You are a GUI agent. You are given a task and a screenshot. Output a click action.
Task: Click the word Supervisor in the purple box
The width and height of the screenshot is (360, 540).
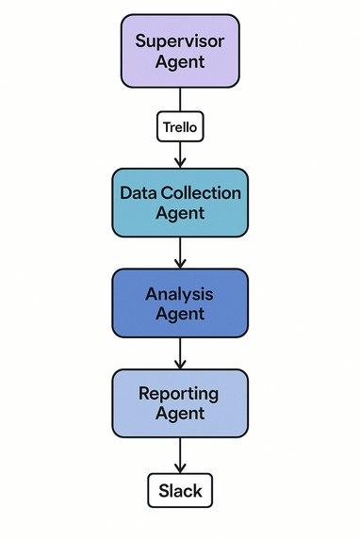pyautogui.click(x=180, y=41)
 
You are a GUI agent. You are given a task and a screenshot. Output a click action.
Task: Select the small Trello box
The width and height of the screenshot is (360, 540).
pyautogui.click(x=180, y=126)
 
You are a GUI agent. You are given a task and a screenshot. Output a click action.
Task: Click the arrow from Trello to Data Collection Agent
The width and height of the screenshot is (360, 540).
pyautogui.click(x=180, y=154)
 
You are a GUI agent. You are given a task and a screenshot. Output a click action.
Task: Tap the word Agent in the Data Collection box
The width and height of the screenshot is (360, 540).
pyautogui.click(x=180, y=214)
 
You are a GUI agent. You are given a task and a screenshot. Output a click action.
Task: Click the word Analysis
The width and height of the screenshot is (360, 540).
pyautogui.click(x=180, y=293)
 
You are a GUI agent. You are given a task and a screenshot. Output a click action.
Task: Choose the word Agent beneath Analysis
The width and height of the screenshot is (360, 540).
pyautogui.click(x=180, y=314)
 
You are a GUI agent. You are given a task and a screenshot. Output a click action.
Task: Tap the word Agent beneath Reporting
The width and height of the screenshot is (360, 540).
pyautogui.click(x=180, y=415)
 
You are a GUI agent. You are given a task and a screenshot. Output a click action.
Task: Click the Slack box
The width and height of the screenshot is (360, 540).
pyautogui.click(x=180, y=491)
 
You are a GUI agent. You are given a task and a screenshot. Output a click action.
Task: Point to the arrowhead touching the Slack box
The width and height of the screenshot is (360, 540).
pyautogui.click(x=180, y=468)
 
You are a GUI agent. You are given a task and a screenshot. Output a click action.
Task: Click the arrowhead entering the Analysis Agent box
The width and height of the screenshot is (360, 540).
pyautogui.click(x=180, y=263)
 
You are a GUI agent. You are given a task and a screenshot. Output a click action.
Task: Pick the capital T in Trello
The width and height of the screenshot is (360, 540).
pyautogui.click(x=166, y=126)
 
